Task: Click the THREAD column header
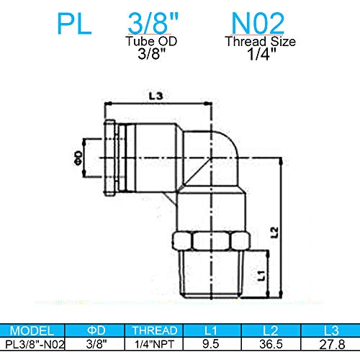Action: (x=153, y=332)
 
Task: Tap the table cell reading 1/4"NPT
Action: (x=153, y=345)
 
